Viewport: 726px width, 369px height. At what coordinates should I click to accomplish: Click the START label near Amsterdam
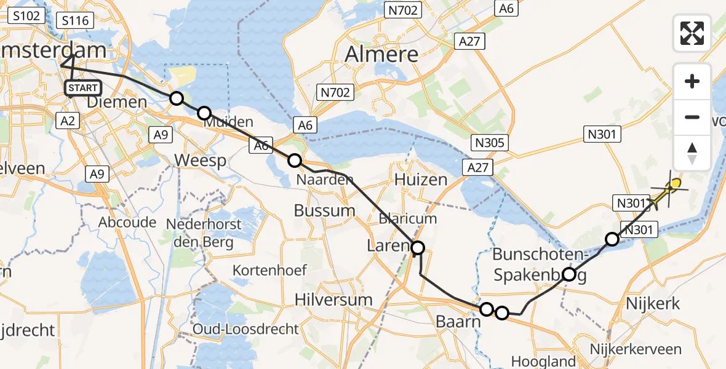point(82,89)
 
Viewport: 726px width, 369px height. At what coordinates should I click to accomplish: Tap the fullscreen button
point(692,33)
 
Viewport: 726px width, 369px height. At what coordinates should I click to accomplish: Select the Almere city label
point(381,54)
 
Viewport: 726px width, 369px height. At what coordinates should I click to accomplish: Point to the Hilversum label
point(333,300)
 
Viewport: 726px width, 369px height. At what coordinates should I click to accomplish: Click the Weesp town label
point(200,161)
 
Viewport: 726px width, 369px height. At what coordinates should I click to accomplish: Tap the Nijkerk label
point(653,303)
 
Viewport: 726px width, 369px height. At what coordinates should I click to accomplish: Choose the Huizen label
point(421,180)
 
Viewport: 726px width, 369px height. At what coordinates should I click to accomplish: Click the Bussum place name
point(324,210)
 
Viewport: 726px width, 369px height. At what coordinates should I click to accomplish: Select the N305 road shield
point(490,143)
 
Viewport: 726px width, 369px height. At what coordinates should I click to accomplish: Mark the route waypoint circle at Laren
point(418,248)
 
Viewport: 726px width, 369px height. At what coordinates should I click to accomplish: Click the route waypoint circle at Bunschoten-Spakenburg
point(569,274)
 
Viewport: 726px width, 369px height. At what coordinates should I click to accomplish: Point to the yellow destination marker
point(676,183)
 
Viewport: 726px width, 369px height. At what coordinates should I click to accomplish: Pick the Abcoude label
point(127,222)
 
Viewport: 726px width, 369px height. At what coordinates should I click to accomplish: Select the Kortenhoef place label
point(268,270)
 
